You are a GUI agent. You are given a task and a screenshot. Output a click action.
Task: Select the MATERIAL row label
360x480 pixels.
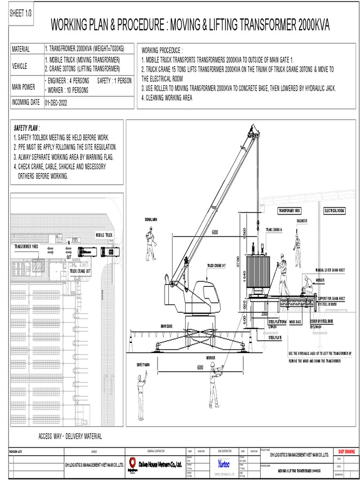tap(21, 49)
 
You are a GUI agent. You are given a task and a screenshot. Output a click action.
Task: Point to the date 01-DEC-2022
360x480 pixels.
tap(56, 102)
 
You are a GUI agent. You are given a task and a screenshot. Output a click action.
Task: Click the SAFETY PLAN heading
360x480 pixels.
tap(27, 128)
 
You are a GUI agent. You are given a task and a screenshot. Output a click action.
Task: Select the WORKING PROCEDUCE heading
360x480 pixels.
tap(162, 51)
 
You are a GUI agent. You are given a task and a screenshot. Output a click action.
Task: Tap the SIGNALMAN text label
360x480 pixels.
tap(148, 219)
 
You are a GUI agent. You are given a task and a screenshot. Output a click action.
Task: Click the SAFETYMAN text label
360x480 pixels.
tap(143, 364)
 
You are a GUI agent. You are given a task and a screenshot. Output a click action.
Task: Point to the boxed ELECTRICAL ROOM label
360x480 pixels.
tap(334, 211)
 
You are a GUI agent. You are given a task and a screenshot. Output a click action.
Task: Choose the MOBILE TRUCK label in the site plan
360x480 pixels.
tap(104, 235)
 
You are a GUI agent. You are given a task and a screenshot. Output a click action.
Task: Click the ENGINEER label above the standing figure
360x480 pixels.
tap(302, 221)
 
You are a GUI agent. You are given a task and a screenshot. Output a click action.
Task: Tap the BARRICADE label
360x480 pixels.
tap(166, 326)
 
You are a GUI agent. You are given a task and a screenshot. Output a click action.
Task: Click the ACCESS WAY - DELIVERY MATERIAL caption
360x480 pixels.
tap(70, 436)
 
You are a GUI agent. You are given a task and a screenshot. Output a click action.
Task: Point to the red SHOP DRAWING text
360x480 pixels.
tap(346, 452)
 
